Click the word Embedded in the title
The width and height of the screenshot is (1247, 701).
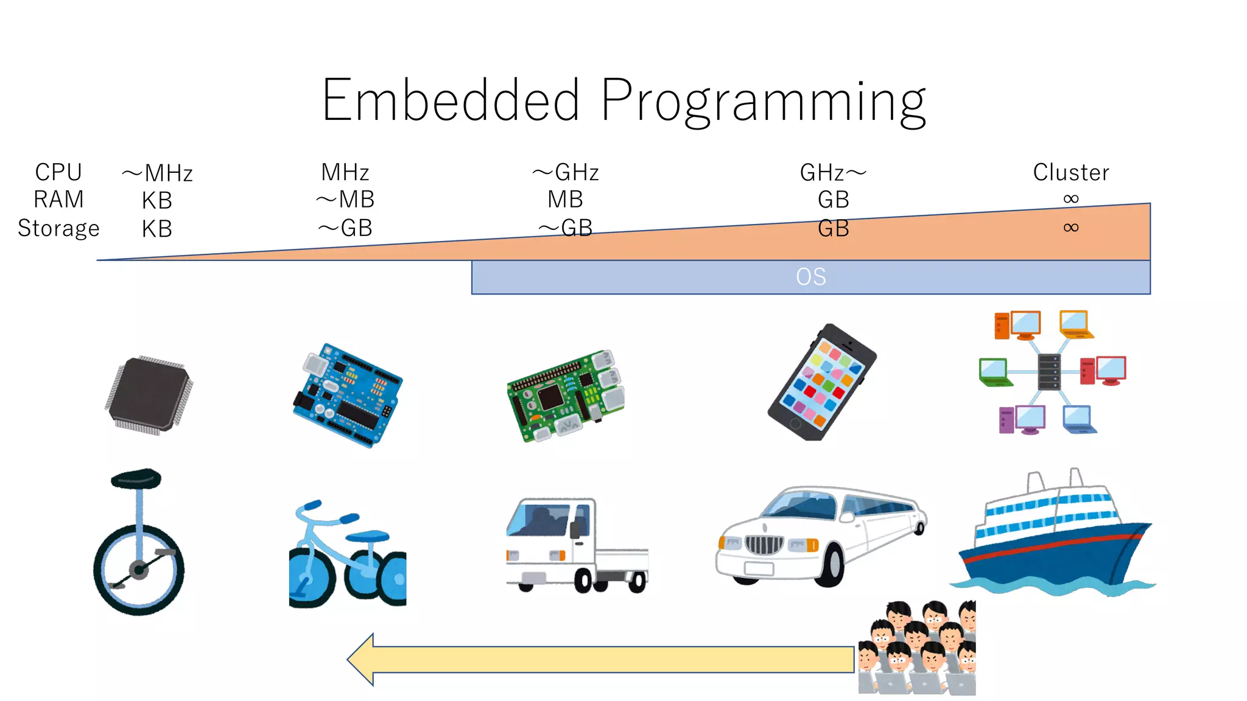click(451, 100)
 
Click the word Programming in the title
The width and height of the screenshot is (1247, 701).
click(764, 102)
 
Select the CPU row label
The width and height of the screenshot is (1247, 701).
click(58, 173)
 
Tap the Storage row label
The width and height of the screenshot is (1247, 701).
click(58, 229)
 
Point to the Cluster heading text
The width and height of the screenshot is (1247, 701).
click(1071, 173)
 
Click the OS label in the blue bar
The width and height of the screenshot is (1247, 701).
click(811, 277)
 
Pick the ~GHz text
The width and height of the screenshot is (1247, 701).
click(566, 173)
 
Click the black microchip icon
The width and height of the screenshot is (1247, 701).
click(149, 394)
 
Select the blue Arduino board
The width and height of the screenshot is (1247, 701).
click(347, 396)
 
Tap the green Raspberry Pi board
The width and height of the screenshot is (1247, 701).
click(566, 396)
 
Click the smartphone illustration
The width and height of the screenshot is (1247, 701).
click(822, 382)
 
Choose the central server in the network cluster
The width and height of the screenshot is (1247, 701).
click(1049, 372)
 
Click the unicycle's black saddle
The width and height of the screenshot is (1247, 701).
click(136, 478)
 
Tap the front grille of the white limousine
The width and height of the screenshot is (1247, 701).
click(764, 543)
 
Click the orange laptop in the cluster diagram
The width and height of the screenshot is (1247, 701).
click(1075, 324)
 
